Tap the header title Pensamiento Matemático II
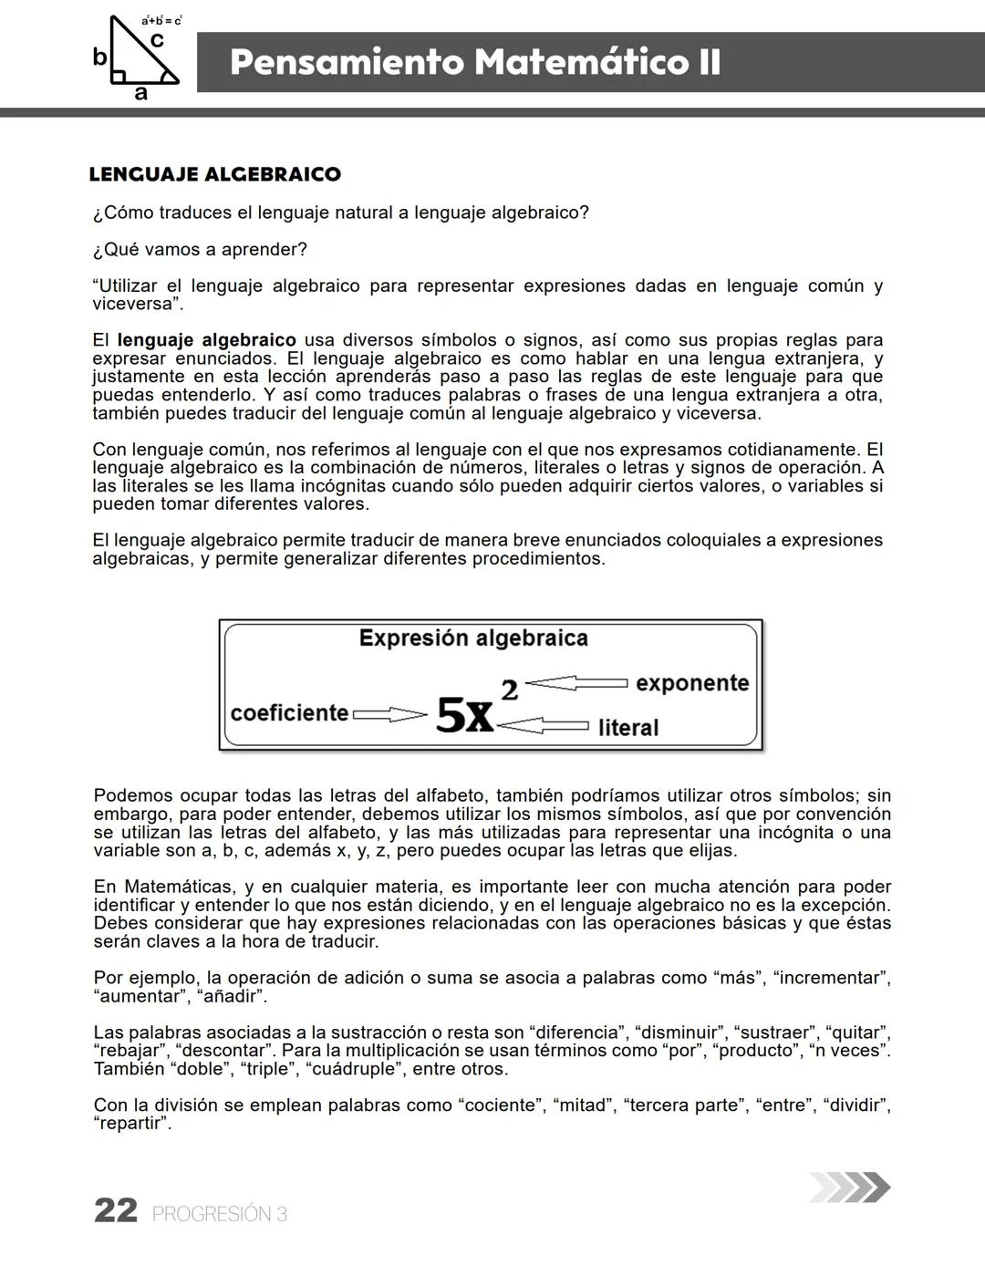pyautogui.click(x=475, y=63)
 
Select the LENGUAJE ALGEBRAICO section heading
pyautogui.click(x=215, y=174)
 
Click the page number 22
pyautogui.click(x=116, y=1211)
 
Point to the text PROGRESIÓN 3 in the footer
pyautogui.click(x=220, y=1214)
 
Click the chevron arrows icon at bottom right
pyautogui.click(x=849, y=1187)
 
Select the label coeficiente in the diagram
pyautogui.click(x=289, y=712)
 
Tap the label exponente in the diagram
pyautogui.click(x=691, y=683)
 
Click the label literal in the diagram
pyautogui.click(x=627, y=728)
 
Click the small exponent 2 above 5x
pyautogui.click(x=509, y=690)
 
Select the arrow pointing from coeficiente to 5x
pyautogui.click(x=389, y=715)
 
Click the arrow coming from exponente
pyautogui.click(x=576, y=683)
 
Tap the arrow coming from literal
pyautogui.click(x=544, y=726)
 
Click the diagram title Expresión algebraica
pyautogui.click(x=473, y=638)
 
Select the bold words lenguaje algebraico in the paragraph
pyautogui.click(x=207, y=340)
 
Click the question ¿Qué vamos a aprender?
pyautogui.click(x=200, y=249)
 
